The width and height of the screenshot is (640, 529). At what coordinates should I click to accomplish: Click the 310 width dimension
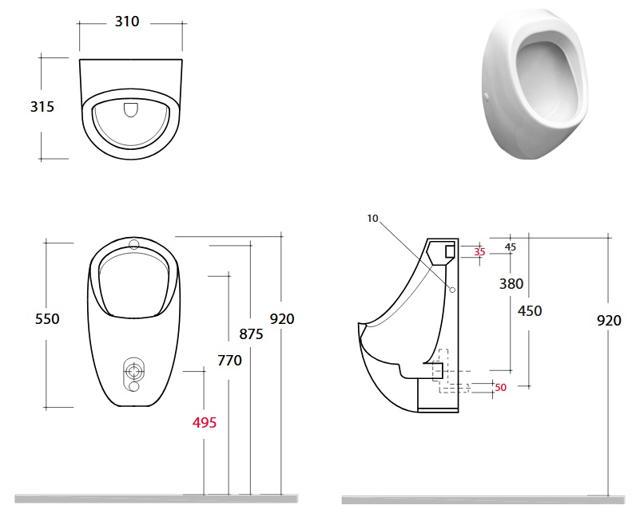pos(127,22)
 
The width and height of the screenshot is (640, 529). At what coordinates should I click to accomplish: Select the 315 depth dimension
pos(42,107)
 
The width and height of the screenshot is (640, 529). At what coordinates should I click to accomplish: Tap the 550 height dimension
pos(47,318)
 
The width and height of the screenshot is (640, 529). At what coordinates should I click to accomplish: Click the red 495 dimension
pos(204,423)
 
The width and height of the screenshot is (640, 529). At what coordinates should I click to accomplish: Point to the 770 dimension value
pos(229,361)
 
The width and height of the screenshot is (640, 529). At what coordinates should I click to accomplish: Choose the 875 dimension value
pos(251,334)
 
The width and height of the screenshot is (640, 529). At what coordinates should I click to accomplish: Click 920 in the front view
pos(282,318)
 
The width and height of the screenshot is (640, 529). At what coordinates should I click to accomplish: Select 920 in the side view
pos(609,321)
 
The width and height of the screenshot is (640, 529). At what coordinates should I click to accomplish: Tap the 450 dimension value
pos(530,311)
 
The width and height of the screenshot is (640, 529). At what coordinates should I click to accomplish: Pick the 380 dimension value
pos(511,284)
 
